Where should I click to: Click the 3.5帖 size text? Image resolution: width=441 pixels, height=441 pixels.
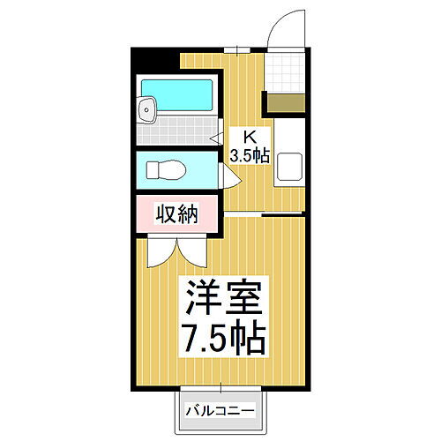250,156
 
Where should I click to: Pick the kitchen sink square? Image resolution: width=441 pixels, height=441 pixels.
289,167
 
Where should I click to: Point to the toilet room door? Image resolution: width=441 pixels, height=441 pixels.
227,172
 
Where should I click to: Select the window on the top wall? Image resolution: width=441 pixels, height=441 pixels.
235,49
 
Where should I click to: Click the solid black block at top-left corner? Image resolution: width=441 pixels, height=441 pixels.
155,59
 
